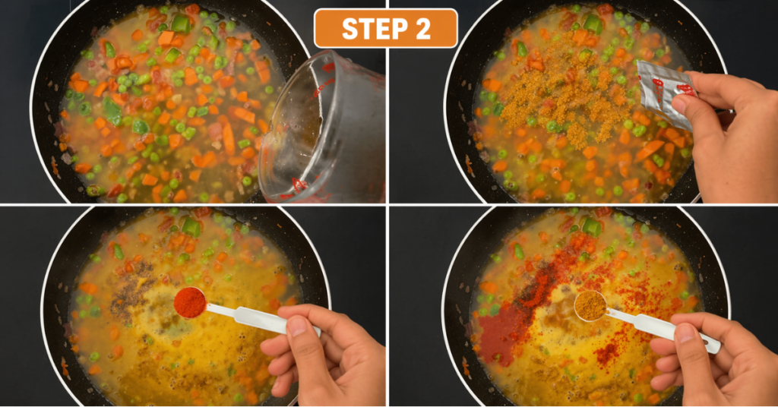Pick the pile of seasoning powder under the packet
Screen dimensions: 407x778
click(558, 106)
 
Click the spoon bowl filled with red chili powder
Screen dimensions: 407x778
click(189, 302)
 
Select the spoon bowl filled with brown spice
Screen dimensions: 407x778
click(590, 305)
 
